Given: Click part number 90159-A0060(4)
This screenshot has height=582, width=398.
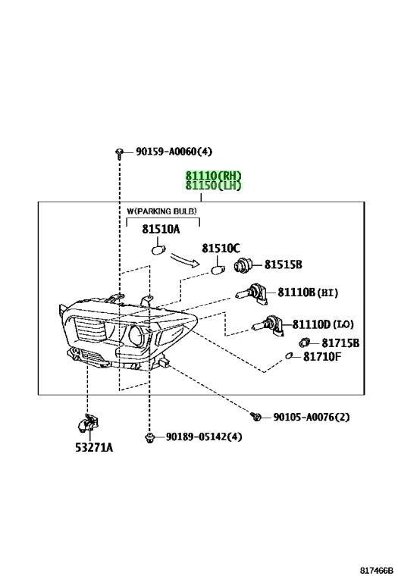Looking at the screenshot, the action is point(174,152).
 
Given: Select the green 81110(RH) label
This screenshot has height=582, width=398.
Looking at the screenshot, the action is point(214,175).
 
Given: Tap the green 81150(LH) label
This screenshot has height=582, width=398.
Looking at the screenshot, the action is point(214,185).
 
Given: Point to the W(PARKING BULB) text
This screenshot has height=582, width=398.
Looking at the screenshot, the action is point(162,211).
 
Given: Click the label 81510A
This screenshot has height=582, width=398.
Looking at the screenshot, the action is point(161,230).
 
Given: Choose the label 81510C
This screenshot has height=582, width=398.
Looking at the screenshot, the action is point(221,249).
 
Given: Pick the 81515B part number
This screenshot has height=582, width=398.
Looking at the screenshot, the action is point(283,264).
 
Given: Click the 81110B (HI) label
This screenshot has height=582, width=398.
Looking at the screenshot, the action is point(308,293).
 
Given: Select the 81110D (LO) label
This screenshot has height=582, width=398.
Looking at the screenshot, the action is point(323,324).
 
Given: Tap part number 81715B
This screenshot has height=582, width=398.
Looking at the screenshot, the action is point(340,343).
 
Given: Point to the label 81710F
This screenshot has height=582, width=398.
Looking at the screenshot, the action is point(322,357).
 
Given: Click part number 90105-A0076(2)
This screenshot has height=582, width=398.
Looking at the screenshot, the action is point(311,418).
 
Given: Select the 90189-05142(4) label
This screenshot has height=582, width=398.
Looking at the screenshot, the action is point(204,436).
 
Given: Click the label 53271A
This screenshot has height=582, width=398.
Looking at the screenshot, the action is point(94,448).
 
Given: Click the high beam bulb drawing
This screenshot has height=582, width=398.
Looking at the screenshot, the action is point(252,293).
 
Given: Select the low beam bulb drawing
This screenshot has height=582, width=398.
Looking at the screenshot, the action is point(268,326).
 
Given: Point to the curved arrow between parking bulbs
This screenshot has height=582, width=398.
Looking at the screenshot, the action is point(184,259).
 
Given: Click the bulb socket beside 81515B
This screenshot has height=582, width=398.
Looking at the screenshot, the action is point(243,264).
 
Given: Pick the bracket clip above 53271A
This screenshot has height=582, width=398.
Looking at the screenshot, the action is point(88,424).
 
